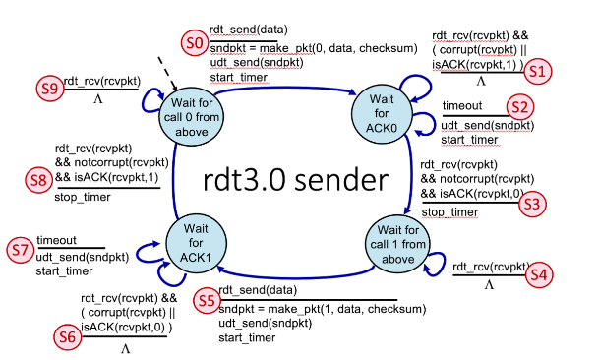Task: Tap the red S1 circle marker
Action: click(536, 70)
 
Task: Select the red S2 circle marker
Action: click(519, 107)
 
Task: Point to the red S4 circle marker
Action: click(536, 275)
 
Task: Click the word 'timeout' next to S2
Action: click(462, 106)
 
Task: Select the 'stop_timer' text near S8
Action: click(83, 196)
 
